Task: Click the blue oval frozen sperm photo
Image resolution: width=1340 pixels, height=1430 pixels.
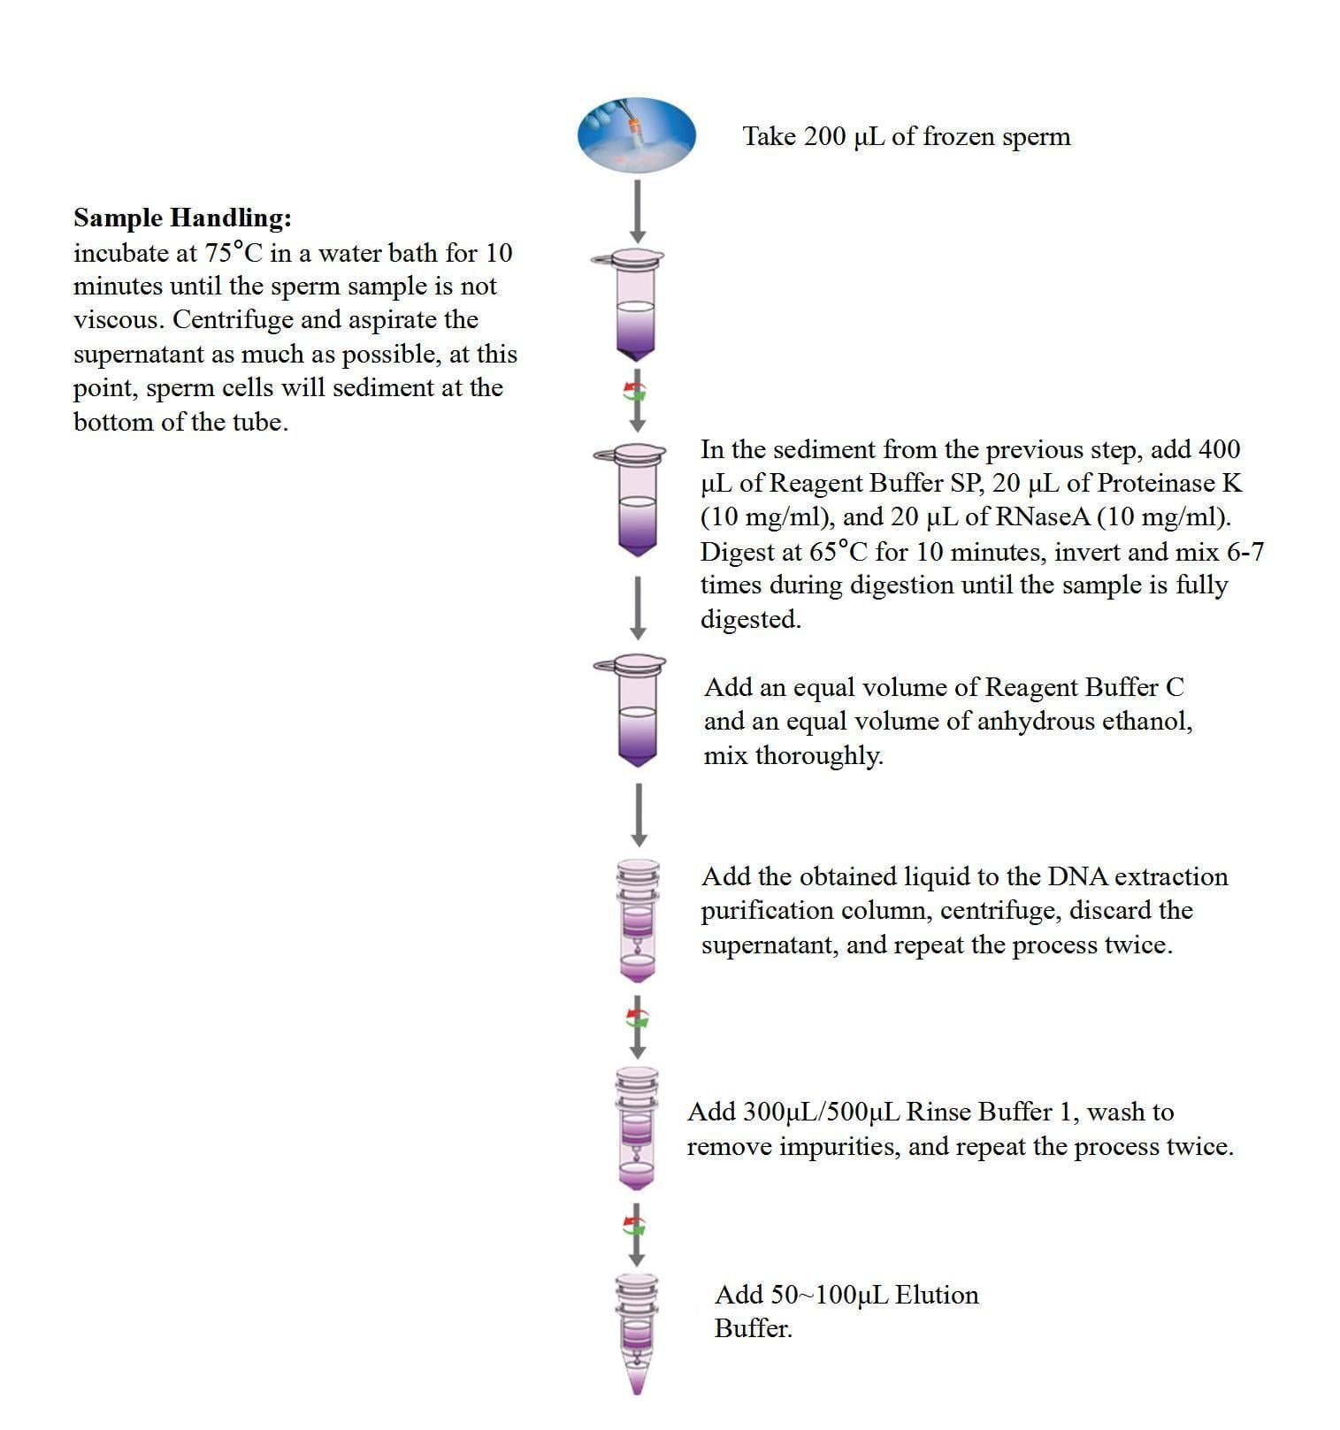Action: [x=636, y=135]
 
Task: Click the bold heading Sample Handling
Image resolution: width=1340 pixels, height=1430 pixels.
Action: [x=182, y=218]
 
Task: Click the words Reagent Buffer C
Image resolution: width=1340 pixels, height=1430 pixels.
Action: [x=1083, y=687]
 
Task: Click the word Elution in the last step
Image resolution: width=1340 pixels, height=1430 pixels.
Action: [x=937, y=1295]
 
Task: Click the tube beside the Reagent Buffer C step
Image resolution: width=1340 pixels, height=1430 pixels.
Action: [x=635, y=710]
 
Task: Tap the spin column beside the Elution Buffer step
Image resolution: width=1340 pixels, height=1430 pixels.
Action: [x=637, y=1332]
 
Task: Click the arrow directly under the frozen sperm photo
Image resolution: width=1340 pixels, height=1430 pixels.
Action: [x=637, y=210]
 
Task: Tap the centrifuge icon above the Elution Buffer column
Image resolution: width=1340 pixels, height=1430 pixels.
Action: [x=635, y=1226]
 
